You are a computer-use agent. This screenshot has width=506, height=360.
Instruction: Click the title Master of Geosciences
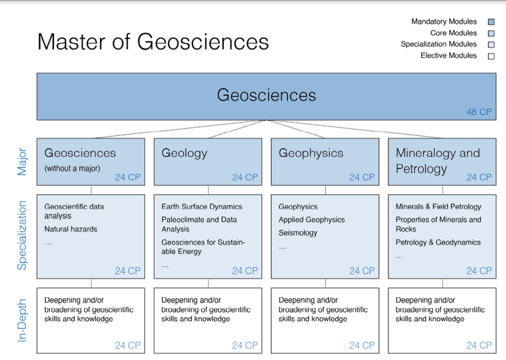click(153, 42)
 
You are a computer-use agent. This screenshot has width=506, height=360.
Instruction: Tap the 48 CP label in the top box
click(479, 112)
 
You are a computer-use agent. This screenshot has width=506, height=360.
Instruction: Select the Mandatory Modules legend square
click(491, 22)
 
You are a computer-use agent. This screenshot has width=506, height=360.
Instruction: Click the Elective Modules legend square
click(491, 56)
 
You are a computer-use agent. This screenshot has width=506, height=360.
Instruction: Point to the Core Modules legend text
click(453, 33)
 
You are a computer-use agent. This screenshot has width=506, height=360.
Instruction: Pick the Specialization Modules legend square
click(491, 45)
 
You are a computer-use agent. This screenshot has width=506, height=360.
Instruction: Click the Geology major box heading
click(184, 153)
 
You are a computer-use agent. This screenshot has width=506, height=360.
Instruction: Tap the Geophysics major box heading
click(311, 153)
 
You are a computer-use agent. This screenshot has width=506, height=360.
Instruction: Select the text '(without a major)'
click(72, 168)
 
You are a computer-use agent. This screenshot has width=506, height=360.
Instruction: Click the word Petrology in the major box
click(421, 169)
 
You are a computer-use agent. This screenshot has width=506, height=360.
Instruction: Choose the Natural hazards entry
click(71, 229)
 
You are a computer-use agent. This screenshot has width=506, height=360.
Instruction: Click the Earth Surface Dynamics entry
click(202, 207)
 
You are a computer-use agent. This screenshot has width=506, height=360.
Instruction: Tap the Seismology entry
click(298, 233)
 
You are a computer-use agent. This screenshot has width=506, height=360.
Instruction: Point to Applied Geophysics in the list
click(312, 220)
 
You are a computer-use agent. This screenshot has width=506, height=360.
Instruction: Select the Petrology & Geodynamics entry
click(438, 242)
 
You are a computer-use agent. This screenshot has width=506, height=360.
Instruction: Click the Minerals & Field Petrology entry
click(438, 207)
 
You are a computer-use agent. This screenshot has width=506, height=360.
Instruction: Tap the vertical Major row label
click(22, 162)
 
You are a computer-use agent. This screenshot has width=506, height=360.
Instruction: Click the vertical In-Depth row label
click(21, 320)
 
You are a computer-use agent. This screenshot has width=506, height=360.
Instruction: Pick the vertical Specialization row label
click(22, 235)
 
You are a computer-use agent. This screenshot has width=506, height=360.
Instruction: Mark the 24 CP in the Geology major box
click(245, 177)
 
